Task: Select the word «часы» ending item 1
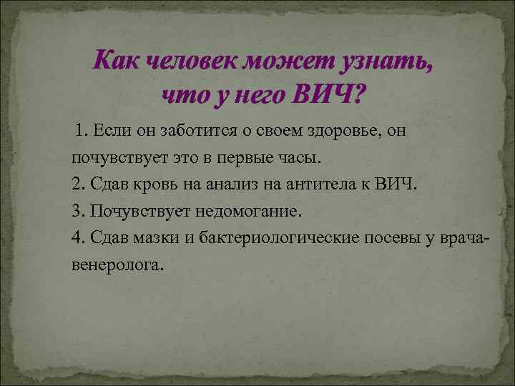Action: [x=304, y=156]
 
